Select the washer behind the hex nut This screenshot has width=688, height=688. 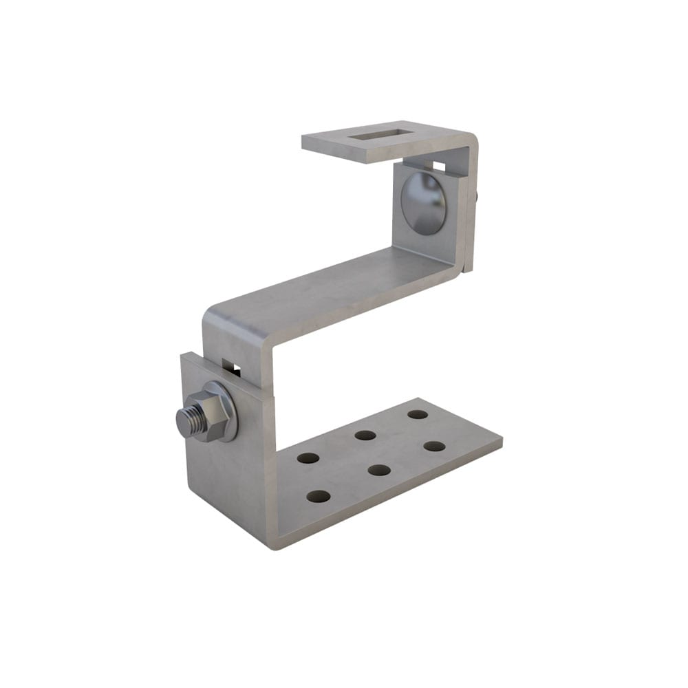tap(227, 410)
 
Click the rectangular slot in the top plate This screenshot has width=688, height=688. tap(376, 135)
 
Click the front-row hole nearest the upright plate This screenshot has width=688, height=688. tap(319, 496)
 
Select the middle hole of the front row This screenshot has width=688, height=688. tap(379, 470)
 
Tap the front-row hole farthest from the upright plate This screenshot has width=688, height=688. tap(434, 446)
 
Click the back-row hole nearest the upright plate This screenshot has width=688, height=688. tap(308, 457)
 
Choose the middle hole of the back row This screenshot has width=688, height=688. tap(365, 435)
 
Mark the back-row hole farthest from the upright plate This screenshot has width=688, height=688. tap(418, 414)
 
